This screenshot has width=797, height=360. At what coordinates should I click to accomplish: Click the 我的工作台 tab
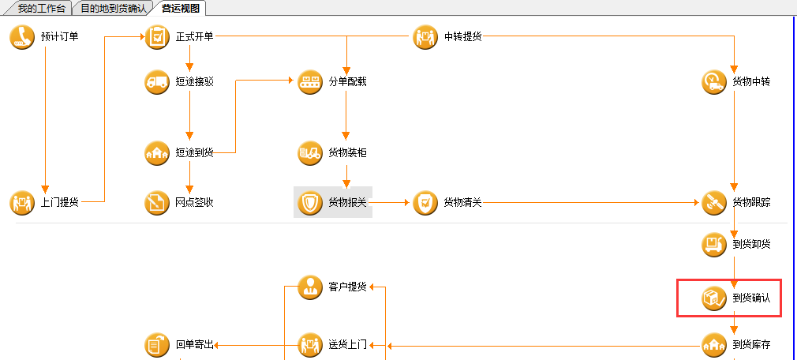click(x=36, y=8)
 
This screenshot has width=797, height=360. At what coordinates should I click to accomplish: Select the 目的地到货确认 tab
click(x=113, y=8)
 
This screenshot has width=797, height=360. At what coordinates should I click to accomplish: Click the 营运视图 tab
click(x=179, y=8)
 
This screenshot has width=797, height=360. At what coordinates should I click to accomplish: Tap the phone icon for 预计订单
click(x=22, y=37)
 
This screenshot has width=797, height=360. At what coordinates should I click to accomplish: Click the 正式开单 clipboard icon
click(x=157, y=37)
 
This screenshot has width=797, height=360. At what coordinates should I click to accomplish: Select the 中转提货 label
click(x=462, y=37)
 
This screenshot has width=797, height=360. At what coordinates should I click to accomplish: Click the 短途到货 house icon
click(x=157, y=152)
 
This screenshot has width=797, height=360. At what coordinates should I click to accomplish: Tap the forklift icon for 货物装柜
click(x=310, y=152)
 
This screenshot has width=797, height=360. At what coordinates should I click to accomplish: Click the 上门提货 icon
click(x=22, y=203)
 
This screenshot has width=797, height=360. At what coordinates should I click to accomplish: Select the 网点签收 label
click(x=194, y=203)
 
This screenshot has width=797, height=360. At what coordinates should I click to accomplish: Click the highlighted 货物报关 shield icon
click(x=310, y=203)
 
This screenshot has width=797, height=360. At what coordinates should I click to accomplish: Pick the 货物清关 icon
click(x=425, y=203)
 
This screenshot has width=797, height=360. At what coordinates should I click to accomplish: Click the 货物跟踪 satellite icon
click(x=714, y=203)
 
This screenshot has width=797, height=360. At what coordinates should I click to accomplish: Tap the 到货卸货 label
click(x=751, y=244)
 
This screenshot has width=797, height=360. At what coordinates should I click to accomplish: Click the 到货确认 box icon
click(x=714, y=298)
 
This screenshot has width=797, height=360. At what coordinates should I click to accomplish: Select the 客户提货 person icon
click(x=310, y=287)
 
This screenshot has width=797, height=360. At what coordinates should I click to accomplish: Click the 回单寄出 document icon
click(x=157, y=345)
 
